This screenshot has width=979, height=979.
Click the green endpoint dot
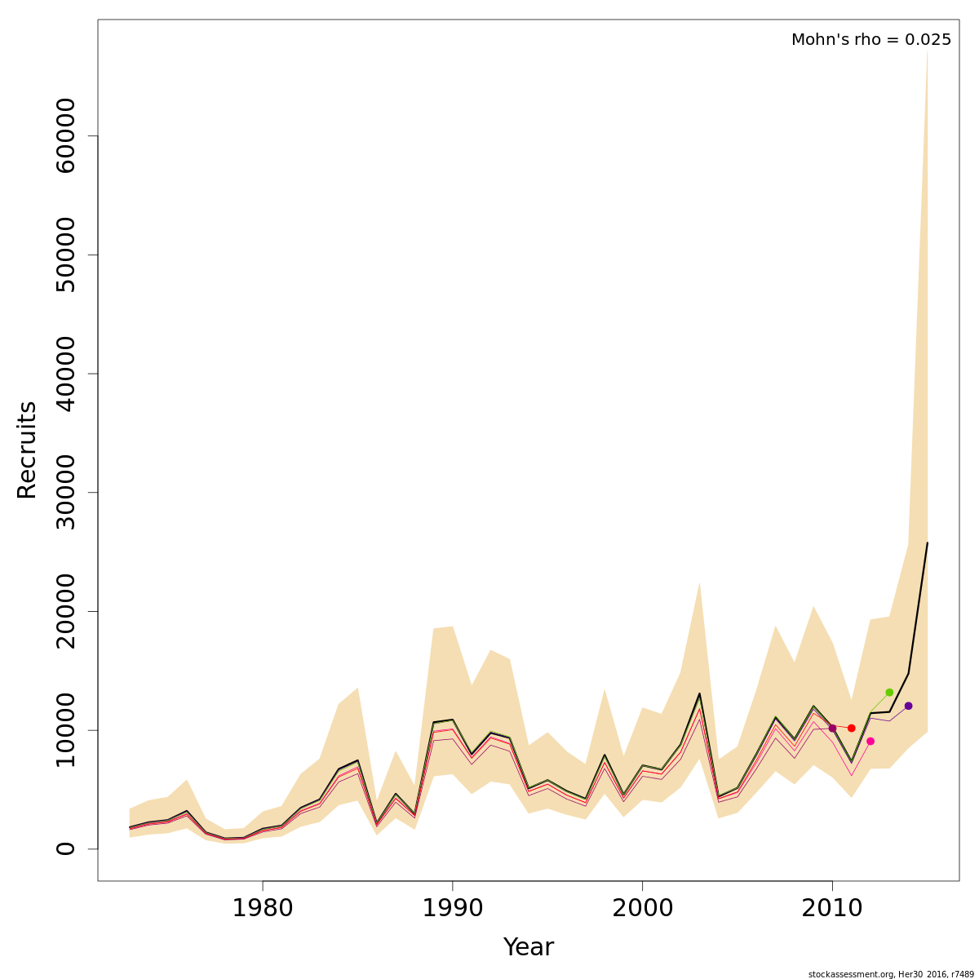tap(889, 693)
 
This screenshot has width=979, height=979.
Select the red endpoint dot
tap(851, 728)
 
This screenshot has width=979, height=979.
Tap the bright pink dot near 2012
tap(870, 741)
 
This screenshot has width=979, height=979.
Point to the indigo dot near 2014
tap(908, 706)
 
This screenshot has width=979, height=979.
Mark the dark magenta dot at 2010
tap(832, 728)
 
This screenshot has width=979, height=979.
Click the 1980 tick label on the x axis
tap(263, 908)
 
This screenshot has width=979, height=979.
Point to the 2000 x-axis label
tap(642, 908)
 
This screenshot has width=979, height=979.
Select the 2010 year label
tap(832, 908)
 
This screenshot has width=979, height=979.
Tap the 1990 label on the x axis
tap(452, 908)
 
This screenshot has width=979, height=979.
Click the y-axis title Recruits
tap(27, 450)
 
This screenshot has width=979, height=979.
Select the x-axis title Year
tap(528, 947)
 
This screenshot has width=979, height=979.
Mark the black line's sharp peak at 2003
tap(699, 693)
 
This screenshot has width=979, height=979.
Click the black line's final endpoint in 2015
tap(928, 543)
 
